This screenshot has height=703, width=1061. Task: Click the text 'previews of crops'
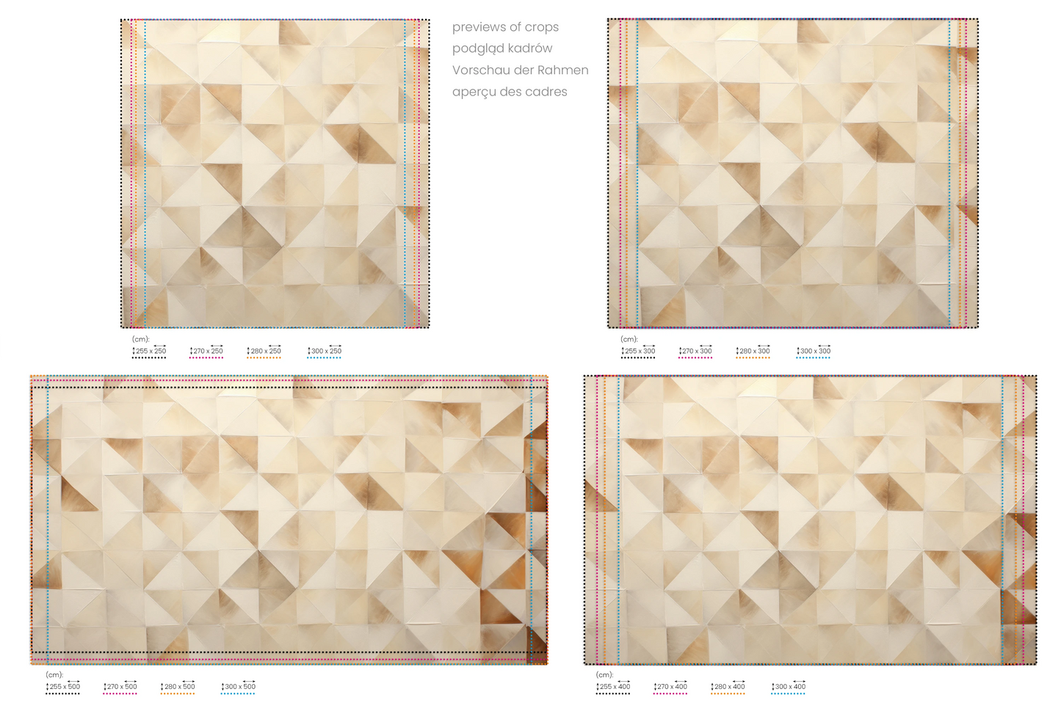(x=505, y=27)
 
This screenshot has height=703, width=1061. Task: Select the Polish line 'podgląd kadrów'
(x=502, y=48)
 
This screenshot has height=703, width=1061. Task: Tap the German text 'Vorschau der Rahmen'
(x=520, y=70)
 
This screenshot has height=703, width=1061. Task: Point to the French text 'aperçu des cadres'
(x=509, y=92)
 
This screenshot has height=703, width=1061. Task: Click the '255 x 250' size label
(x=149, y=351)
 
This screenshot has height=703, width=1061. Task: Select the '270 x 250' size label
(x=206, y=351)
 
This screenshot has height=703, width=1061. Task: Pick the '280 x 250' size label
(x=264, y=351)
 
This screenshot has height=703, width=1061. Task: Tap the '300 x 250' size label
(x=325, y=351)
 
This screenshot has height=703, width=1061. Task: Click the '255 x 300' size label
(x=638, y=351)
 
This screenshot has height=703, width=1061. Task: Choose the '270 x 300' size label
(x=695, y=351)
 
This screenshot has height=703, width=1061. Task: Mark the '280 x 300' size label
(x=753, y=351)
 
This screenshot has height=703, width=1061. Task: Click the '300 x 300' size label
(x=814, y=351)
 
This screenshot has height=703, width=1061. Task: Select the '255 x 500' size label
(x=63, y=686)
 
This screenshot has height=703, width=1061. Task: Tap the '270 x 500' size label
(x=120, y=686)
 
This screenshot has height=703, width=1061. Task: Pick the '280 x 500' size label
(x=178, y=686)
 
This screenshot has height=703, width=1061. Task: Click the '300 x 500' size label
(x=238, y=686)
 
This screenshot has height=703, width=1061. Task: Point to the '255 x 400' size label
(x=613, y=686)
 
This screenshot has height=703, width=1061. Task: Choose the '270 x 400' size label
(x=670, y=686)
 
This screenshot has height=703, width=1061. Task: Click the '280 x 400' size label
(x=728, y=686)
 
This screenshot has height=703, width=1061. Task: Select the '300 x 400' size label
(x=789, y=686)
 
